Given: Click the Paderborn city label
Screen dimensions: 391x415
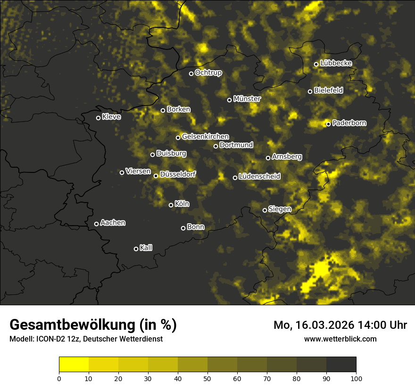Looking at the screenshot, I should tap(349, 123).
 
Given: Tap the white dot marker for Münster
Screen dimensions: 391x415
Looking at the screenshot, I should tap(230, 100).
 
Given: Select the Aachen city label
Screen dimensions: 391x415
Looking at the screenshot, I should tap(113, 223).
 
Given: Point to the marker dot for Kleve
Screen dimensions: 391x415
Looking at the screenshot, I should tap(98, 118).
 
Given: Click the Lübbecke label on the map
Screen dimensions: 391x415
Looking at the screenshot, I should tap(336, 63).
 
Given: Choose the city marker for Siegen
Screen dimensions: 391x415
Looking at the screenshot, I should tap(265, 210).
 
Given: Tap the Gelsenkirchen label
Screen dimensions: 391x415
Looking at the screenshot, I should tap(205, 137).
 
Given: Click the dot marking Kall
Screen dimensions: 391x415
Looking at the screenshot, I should tap(136, 249).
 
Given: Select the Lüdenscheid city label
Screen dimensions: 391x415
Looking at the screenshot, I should tap(259, 177).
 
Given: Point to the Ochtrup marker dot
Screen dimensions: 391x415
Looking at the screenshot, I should tap(191, 73).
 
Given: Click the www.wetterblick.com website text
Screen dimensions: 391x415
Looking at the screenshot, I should tap(340, 339).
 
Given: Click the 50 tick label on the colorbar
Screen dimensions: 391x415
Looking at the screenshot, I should tap(207, 378).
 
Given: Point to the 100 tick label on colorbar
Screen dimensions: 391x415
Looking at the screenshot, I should tap(356, 378).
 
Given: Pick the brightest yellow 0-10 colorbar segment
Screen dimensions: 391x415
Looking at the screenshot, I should tap(74, 364).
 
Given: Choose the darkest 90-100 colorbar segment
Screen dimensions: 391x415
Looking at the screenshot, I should tap(341, 364).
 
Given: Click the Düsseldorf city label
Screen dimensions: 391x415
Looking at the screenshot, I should tap(177, 174).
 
